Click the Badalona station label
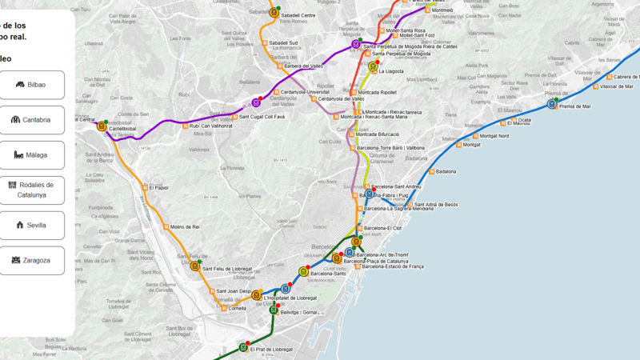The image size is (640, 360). tap(446, 171)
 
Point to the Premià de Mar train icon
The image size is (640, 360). tap(552, 104)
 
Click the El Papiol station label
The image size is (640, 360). tap(158, 188)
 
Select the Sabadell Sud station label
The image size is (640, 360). tap(283, 43)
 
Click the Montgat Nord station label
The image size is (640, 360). tap(491, 136)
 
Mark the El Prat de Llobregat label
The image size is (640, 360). tap(271, 350)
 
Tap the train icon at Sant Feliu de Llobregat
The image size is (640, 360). tap(195, 266)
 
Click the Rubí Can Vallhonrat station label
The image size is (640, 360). tap(210, 126)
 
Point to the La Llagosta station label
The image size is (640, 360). tap(391, 71)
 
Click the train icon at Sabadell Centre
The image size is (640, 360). tap(274, 12)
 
